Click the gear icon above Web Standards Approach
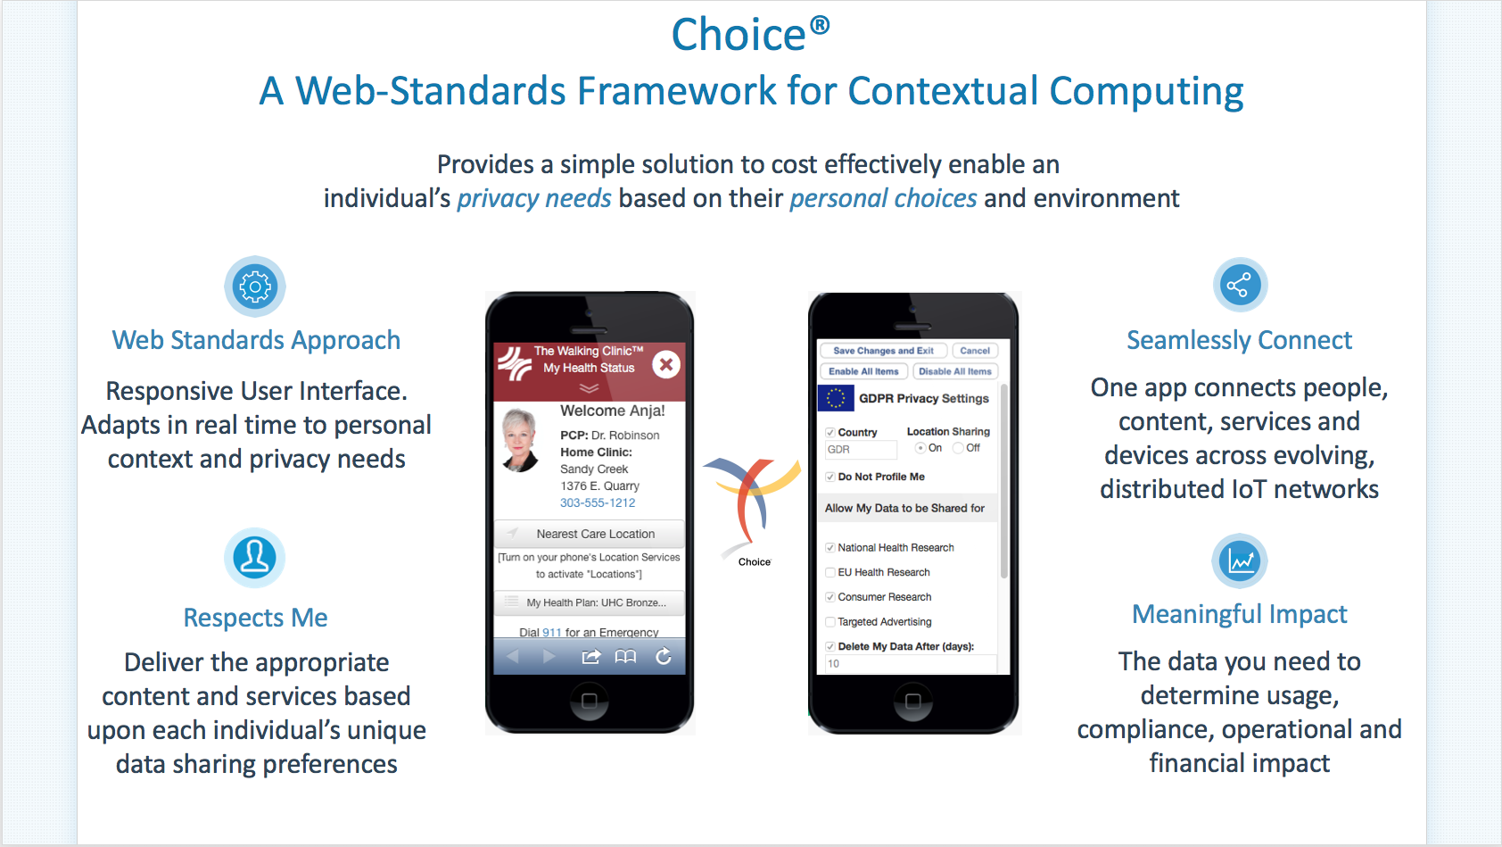coord(255,286)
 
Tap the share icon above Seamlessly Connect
coord(1239,285)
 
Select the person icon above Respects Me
coord(255,557)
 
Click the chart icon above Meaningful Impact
coord(1239,561)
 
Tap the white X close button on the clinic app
coord(666,364)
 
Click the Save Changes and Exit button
coord(883,351)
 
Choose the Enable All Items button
coord(863,371)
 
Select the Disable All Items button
coord(955,371)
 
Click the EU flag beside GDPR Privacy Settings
coord(836,398)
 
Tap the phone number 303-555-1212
coord(598,502)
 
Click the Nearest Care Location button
coord(590,534)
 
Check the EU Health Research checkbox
coord(830,572)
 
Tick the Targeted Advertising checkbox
coord(830,622)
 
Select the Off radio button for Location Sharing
coord(958,448)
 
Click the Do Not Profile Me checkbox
coord(830,477)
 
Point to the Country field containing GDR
coord(861,450)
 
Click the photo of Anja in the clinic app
coord(521,440)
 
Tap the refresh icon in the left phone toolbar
coord(664,656)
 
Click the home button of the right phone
coord(912,702)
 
